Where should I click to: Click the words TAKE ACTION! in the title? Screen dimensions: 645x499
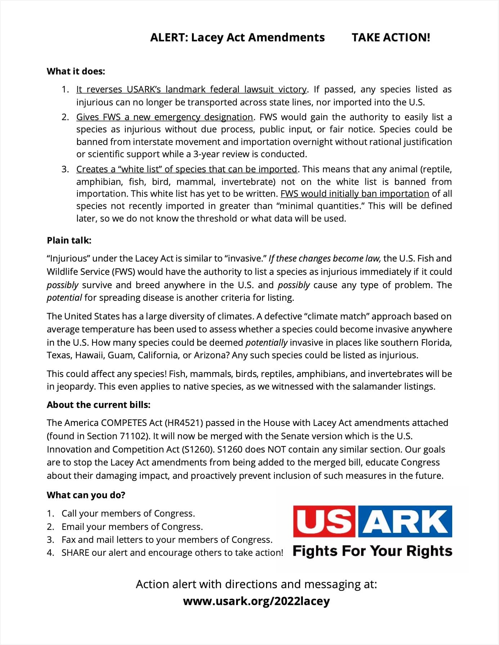click(x=391, y=37)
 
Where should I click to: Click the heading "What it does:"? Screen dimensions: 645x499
click(x=76, y=71)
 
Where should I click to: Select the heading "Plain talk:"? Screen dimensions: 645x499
click(x=69, y=240)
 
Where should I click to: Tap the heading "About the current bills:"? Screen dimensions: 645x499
click(x=98, y=405)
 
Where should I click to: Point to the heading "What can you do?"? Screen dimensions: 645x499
click(x=86, y=495)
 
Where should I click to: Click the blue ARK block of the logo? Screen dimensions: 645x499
click(x=405, y=521)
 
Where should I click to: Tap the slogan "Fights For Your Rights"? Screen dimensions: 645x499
click(x=372, y=551)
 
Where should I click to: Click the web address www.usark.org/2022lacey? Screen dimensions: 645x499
click(x=256, y=601)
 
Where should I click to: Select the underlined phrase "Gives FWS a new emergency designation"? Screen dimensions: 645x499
click(x=165, y=117)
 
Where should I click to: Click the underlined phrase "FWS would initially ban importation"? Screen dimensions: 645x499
click(x=355, y=194)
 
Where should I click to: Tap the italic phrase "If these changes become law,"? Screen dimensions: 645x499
click(x=324, y=258)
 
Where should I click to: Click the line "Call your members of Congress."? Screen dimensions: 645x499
click(x=128, y=513)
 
